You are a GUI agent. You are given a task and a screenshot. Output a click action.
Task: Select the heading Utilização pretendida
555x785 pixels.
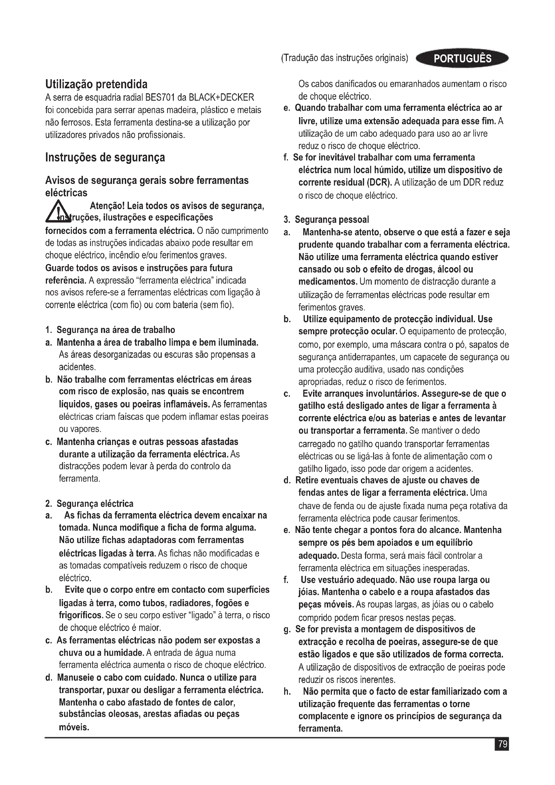click(x=96, y=84)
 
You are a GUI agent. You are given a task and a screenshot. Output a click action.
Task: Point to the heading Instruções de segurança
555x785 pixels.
click(x=105, y=157)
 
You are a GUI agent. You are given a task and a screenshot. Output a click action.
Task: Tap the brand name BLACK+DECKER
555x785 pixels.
click(x=221, y=98)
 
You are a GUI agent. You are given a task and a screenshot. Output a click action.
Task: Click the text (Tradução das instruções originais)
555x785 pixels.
click(x=345, y=58)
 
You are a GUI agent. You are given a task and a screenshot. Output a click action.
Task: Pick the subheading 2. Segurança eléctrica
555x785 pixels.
click(x=89, y=504)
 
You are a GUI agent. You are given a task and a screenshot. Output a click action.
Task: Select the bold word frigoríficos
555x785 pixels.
click(x=81, y=616)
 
